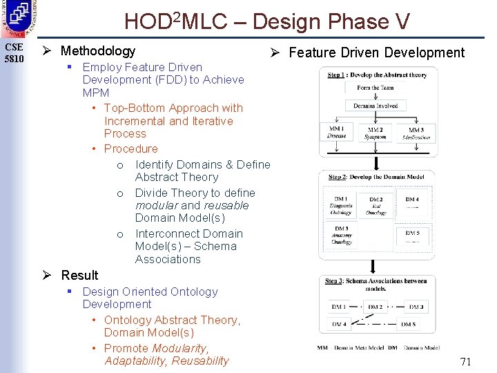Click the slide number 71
click(x=465, y=361)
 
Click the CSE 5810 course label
click(x=14, y=52)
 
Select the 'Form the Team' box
click(x=376, y=88)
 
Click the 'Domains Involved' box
click(x=376, y=106)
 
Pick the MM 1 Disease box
click(x=337, y=132)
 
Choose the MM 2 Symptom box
click(x=376, y=133)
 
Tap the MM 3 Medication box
click(x=416, y=133)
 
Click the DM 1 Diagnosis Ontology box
click(x=340, y=204)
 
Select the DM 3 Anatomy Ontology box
click(x=340, y=235)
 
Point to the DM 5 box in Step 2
click(x=411, y=236)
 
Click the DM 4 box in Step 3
click(x=339, y=323)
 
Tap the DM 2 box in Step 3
click(x=376, y=307)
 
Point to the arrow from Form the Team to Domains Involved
click(x=375, y=97)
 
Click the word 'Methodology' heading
click(x=98, y=50)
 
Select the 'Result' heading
click(x=79, y=275)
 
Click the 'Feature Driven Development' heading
click(x=376, y=52)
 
